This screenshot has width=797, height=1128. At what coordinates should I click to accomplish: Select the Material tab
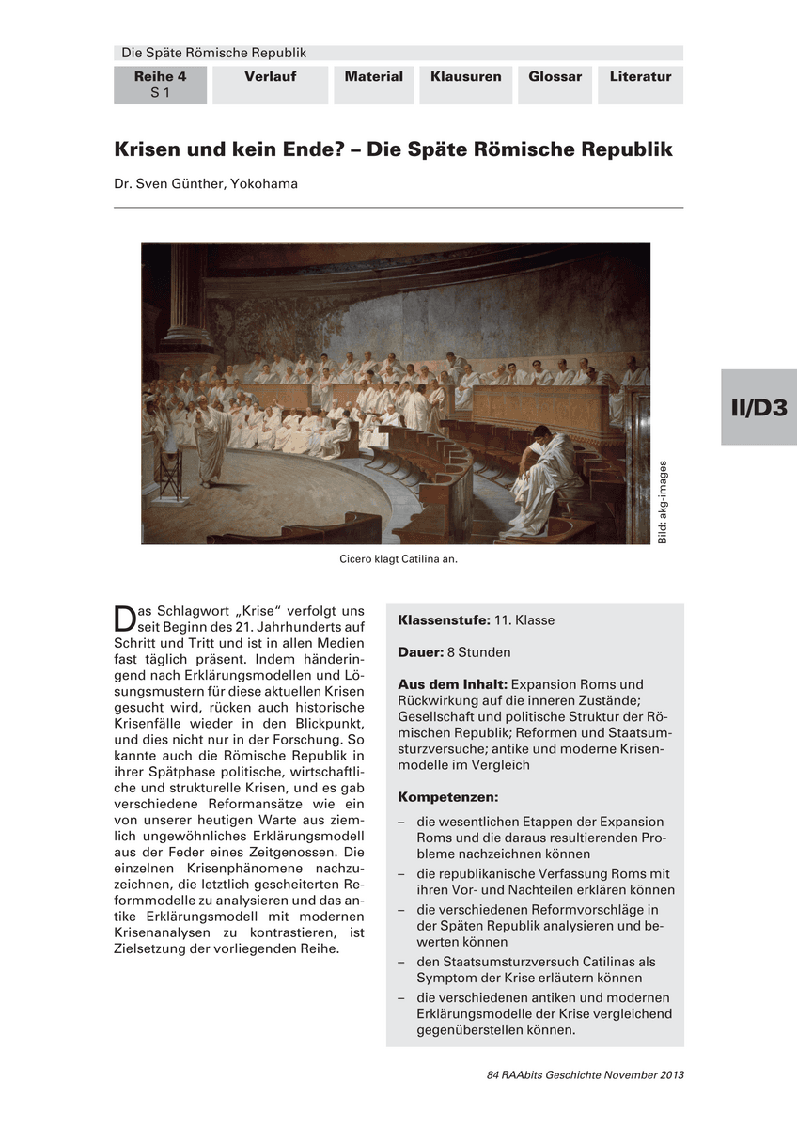pos(373,77)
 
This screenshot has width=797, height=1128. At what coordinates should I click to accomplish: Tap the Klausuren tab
pos(465,77)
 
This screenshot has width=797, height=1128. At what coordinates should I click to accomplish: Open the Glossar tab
pos(555,77)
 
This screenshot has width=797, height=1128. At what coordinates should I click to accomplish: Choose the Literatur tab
pos(640,77)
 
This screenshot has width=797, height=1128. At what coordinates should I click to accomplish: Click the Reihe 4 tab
pos(160,84)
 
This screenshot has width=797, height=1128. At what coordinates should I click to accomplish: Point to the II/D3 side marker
pos(758,407)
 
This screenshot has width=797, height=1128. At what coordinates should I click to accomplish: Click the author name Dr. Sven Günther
pos(206,184)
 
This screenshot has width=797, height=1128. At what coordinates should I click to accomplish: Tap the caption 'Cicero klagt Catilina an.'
pos(398,558)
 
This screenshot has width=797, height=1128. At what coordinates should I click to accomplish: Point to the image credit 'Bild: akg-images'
pos(663,501)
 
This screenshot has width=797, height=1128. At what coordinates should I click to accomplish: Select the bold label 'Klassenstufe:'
pos(444,620)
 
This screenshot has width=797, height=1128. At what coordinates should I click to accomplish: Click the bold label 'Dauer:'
pos(421,652)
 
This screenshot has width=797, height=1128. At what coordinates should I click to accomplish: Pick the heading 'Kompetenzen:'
pos(447,797)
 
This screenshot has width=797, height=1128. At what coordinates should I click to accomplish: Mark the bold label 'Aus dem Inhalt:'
pos(452,684)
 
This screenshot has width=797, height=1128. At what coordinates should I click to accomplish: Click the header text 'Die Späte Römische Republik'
pos(214,54)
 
